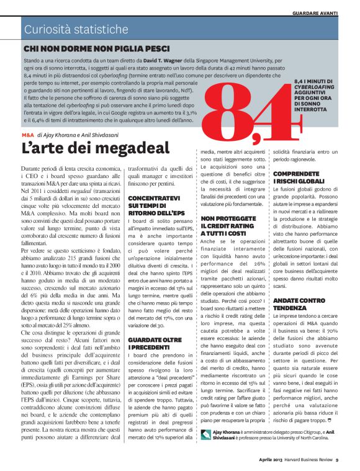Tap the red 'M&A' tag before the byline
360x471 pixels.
click(27, 134)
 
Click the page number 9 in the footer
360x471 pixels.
click(336, 460)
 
